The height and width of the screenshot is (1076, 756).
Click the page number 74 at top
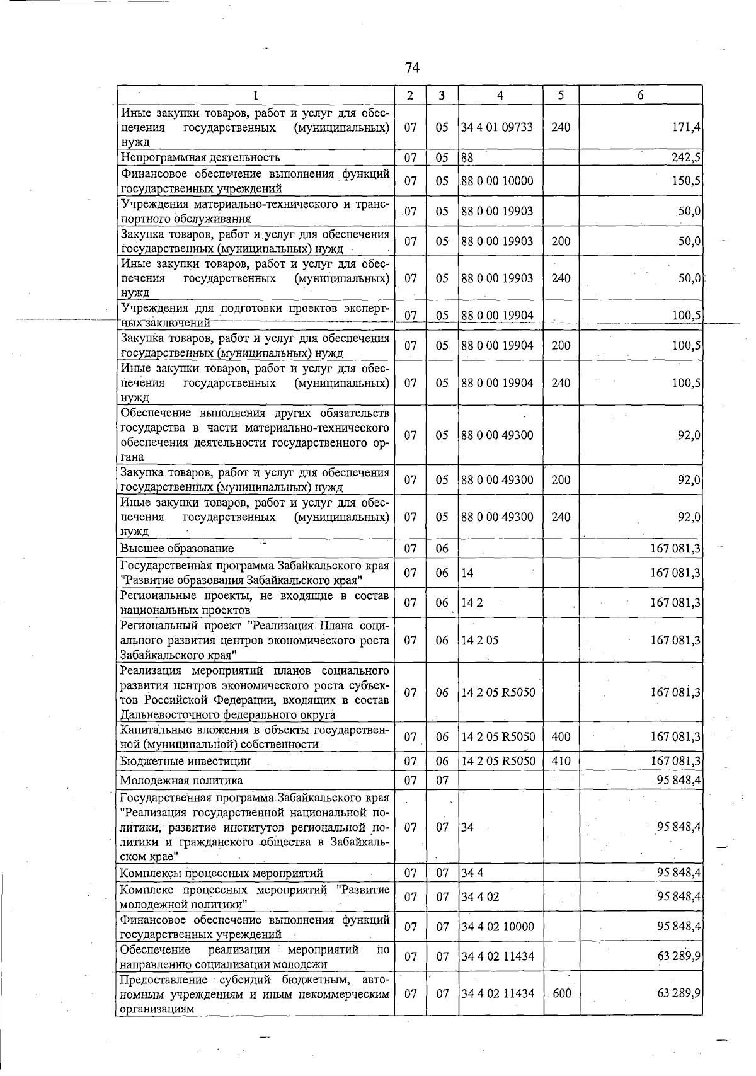[x=413, y=67]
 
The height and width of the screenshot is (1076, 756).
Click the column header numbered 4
[x=500, y=95]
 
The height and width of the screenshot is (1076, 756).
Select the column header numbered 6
[x=640, y=95]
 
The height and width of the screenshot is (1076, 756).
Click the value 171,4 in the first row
[x=686, y=127]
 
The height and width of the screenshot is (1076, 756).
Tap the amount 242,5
[x=686, y=157]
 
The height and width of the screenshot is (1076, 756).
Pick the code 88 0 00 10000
[x=497, y=181]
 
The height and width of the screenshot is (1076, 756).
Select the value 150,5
[x=686, y=181]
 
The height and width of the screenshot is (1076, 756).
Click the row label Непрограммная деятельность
[x=200, y=157]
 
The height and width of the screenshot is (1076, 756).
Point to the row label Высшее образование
[x=177, y=549]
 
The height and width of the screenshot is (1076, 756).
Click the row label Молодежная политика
[x=181, y=781]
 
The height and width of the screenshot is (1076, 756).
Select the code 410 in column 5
[x=560, y=761]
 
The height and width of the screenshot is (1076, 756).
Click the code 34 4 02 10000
[x=497, y=927]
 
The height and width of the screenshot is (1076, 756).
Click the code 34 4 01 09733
[x=497, y=127]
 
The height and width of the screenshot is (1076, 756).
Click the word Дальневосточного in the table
[x=170, y=715]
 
